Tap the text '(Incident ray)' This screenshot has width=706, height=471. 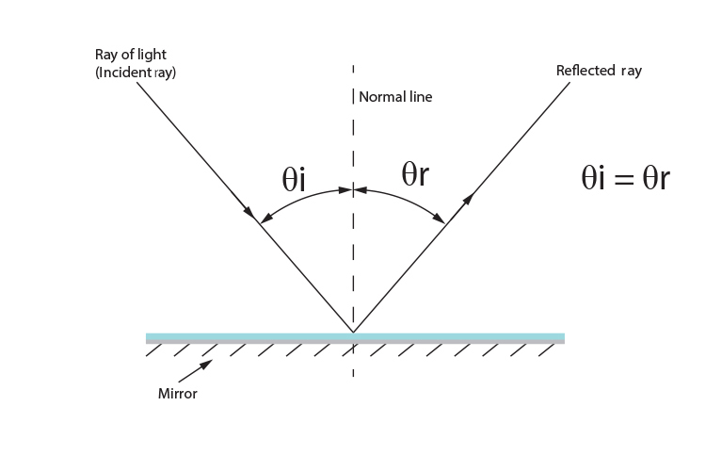pos(135,73)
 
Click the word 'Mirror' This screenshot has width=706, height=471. pos(177,394)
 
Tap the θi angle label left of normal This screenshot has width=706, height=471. pos(295,180)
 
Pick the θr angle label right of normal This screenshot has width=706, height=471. pos(415,174)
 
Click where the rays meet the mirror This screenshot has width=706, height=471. pos(353,332)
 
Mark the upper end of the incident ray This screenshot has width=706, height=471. pos(137,83)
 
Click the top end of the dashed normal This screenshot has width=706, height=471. pos(353,66)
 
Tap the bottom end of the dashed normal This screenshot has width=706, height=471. pos(353,377)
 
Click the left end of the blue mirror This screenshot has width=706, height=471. pos(148,337)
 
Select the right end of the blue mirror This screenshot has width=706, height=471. pos(563,337)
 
